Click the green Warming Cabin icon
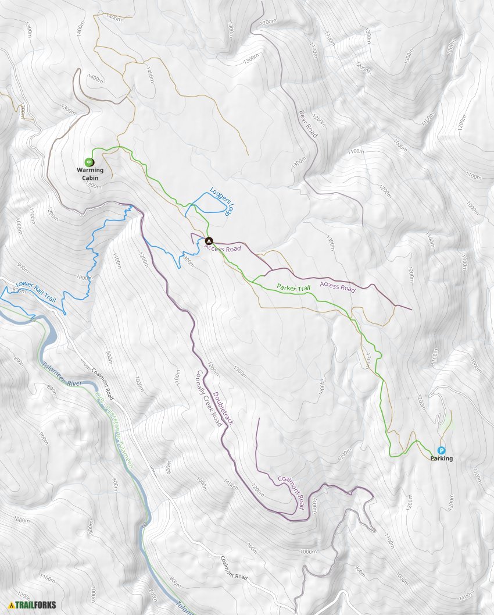[x=88, y=162]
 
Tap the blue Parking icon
[x=441, y=450]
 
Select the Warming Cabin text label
[x=90, y=174]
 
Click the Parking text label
[x=441, y=458]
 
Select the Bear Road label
[x=309, y=123]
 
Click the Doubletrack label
[x=223, y=408]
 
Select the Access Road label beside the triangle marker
[x=223, y=248]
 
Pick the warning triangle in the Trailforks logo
[x=11, y=605]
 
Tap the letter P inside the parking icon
[x=441, y=450]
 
